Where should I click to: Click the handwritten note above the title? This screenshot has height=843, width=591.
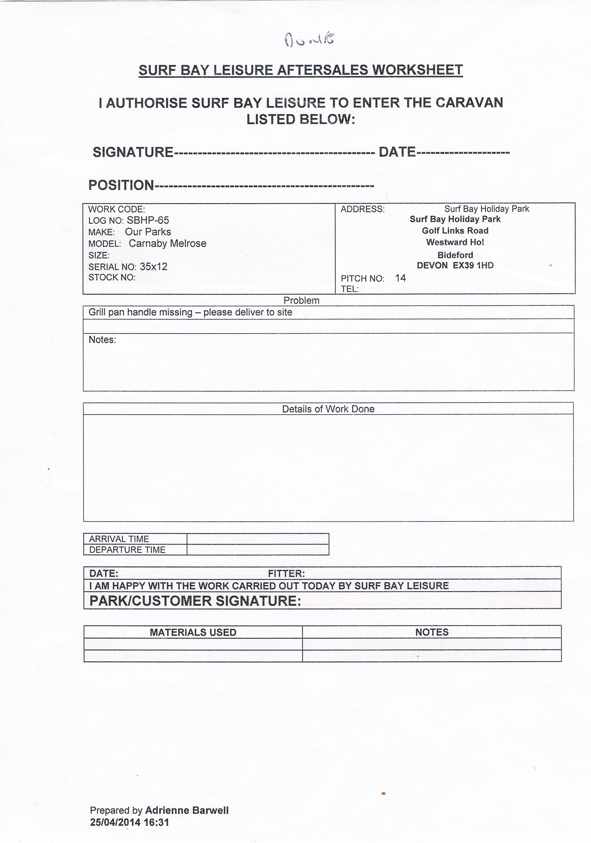pos(309,40)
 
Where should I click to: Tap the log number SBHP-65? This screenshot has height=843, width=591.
pos(148,220)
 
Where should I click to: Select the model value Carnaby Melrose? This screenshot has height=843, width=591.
pos(167,243)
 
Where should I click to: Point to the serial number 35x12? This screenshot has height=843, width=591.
pos(153,266)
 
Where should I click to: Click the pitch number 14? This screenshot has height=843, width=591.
pos(400,278)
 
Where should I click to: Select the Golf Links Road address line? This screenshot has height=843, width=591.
pos(455,231)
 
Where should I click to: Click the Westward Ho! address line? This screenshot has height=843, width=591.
pos(455,242)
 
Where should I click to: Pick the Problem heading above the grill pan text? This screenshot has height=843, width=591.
pos(301,300)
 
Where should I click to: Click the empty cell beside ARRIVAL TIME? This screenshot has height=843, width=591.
pos(258,539)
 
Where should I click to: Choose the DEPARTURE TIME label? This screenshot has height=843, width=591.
pos(127,550)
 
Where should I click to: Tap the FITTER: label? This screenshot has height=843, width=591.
pos(286,574)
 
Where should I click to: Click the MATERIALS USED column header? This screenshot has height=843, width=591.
pos(193,632)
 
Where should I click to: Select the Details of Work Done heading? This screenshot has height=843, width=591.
pos(328,409)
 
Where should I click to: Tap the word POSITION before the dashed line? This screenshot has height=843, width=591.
pos(121,185)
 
